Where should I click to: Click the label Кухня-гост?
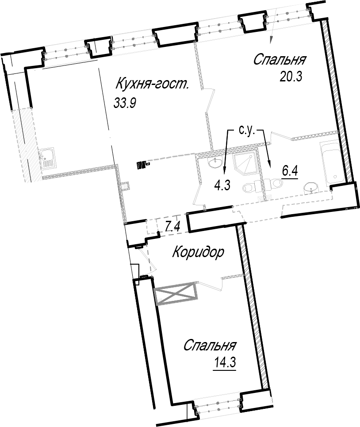152,84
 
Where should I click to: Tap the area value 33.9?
125,103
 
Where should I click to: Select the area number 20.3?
291,77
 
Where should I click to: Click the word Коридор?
199,253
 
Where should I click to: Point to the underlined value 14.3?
225,363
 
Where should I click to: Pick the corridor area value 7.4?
173,227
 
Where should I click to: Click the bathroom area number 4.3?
222,186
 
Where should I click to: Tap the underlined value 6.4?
290,172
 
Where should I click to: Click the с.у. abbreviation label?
246,131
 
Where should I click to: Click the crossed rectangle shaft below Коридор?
176,293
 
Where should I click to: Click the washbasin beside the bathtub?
311,188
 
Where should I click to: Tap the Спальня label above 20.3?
280,60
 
